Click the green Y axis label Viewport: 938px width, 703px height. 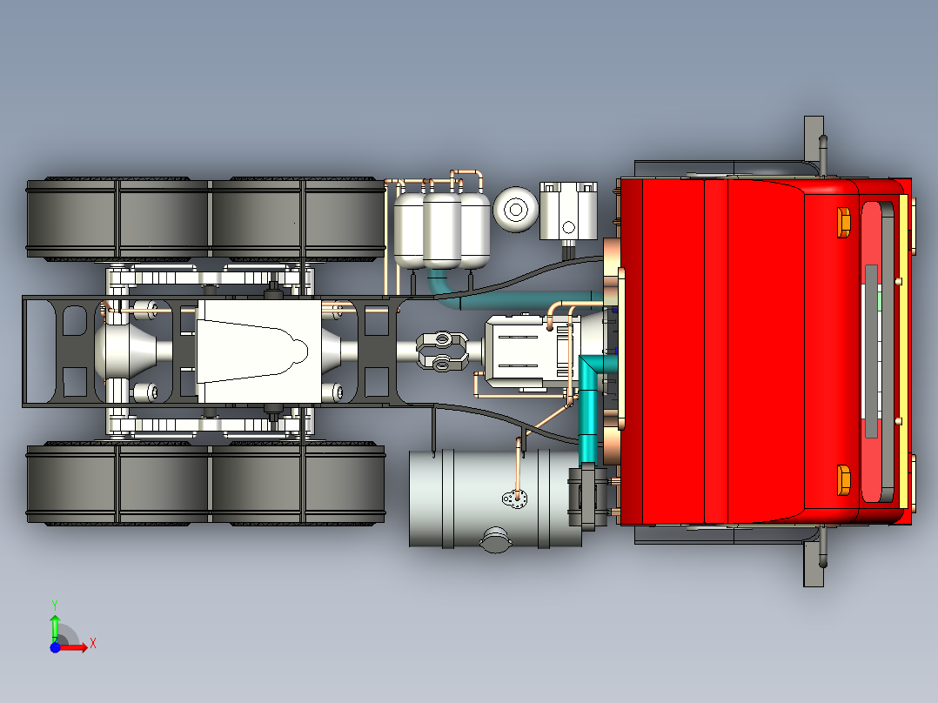(x=54, y=603)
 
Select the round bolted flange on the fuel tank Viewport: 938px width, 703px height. (x=514, y=499)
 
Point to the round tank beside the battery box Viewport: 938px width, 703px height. (x=515, y=210)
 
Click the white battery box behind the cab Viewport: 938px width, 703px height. (x=568, y=211)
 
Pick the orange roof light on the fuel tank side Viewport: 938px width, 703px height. (x=843, y=480)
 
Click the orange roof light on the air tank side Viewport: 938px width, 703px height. (x=843, y=222)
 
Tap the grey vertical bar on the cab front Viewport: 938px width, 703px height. (x=871, y=351)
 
